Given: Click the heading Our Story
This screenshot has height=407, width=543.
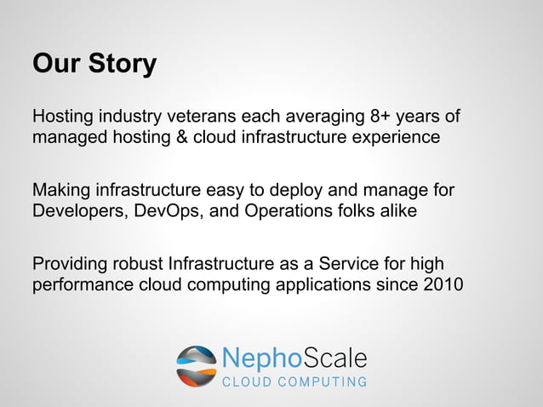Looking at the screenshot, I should click(x=94, y=65).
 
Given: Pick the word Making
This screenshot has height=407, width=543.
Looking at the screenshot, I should click(x=61, y=188).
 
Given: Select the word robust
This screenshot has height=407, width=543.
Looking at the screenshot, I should click(x=139, y=262).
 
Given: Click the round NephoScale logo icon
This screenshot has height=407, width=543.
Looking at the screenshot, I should click(x=196, y=366).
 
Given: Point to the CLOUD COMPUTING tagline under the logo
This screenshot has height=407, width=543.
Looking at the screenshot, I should click(x=294, y=382).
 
